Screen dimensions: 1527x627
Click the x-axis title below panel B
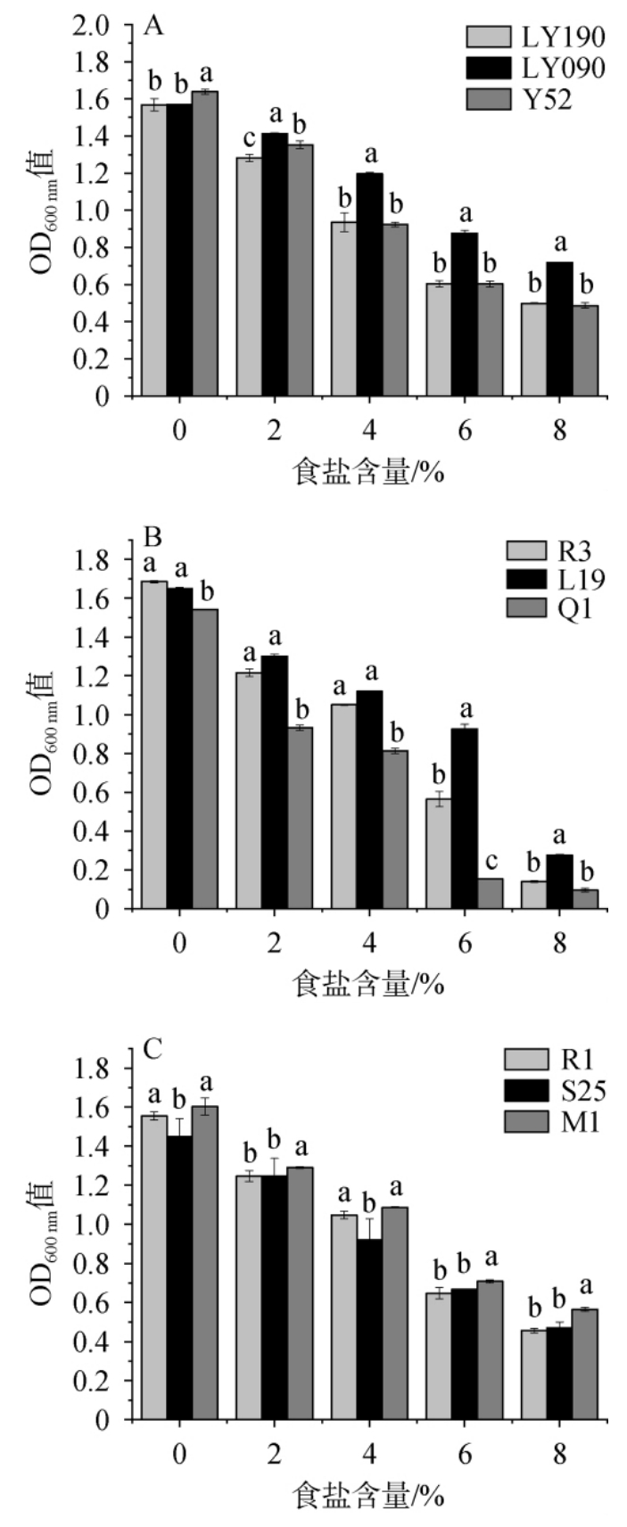(x=369, y=986)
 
